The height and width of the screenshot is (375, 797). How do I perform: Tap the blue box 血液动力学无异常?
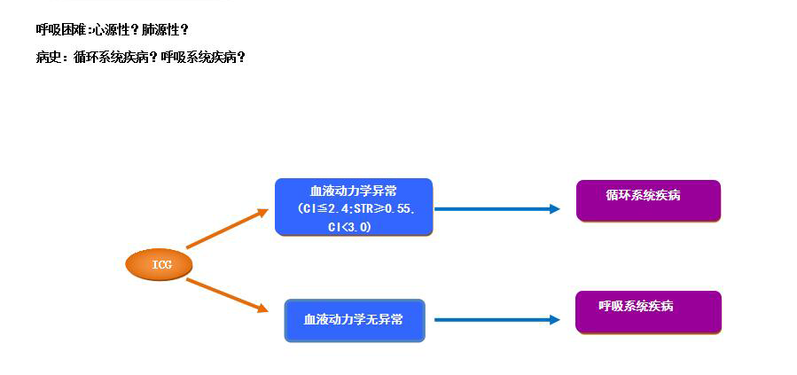pyautogui.click(x=354, y=320)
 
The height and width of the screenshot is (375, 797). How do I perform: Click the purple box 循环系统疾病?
pyautogui.click(x=648, y=200)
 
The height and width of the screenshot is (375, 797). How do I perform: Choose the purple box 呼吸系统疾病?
pyautogui.click(x=648, y=311)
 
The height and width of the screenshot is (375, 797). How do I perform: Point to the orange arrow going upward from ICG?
pyautogui.click(x=227, y=229)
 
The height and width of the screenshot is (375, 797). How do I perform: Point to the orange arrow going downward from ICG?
pyautogui.click(x=227, y=294)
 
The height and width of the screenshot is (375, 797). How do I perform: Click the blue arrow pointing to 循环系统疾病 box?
pyautogui.click(x=496, y=209)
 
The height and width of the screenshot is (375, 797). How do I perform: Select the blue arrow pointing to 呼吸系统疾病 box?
pyautogui.click(x=496, y=319)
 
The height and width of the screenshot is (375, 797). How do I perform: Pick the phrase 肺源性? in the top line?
pyautogui.click(x=165, y=29)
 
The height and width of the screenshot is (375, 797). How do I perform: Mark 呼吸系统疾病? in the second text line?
pyautogui.click(x=203, y=57)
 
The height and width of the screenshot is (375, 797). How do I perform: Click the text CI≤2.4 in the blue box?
pyautogui.click(x=321, y=209)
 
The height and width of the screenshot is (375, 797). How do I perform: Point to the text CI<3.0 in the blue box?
pyautogui.click(x=349, y=227)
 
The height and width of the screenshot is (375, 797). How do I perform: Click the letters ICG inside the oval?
pyautogui.click(x=160, y=264)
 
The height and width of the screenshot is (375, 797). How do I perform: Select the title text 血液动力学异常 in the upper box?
pyautogui.click(x=353, y=191)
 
